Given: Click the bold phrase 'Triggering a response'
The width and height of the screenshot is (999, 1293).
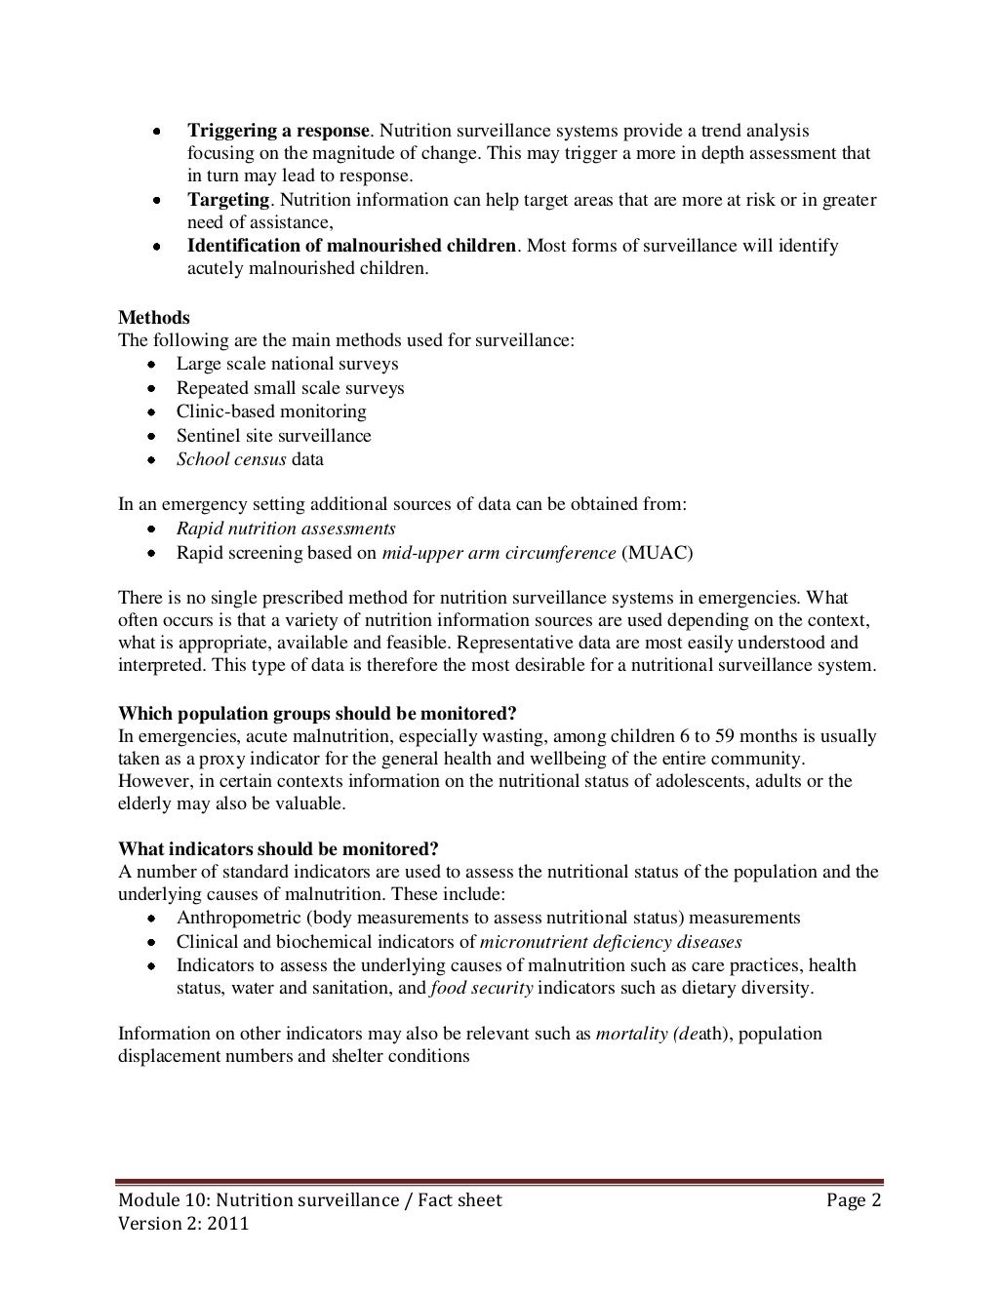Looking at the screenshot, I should [278, 131].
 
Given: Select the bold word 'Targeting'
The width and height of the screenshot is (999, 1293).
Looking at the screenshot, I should [228, 200].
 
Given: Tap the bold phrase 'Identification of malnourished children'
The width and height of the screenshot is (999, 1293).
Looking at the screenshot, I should [351, 246].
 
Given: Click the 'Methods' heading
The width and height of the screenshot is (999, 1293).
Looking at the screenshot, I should [154, 318].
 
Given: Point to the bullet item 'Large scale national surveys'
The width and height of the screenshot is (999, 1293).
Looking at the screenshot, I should [287, 364].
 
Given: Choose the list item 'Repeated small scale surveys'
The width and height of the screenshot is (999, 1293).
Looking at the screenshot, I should [290, 388].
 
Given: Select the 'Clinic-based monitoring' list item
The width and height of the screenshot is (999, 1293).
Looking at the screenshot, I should [271, 411].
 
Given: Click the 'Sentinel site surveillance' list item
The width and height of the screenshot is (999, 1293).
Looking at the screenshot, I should [273, 436].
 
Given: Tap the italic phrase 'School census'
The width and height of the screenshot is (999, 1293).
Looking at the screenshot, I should [231, 459].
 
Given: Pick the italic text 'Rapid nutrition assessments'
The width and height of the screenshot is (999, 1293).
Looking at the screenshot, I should [286, 529].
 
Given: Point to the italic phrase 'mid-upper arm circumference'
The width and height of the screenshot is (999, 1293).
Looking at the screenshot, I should [499, 553].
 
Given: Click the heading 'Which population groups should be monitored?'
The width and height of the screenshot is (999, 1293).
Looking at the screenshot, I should [317, 713].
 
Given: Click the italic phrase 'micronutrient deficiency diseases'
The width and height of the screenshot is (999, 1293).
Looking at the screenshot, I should [611, 942].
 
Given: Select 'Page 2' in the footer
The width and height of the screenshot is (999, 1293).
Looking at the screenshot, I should [854, 1200].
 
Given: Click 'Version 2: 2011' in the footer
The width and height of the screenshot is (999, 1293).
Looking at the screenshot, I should [183, 1223].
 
